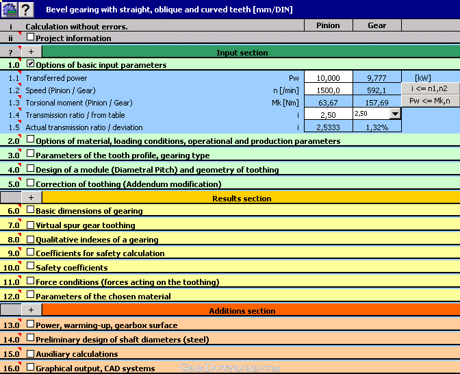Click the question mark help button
(x=25, y=10)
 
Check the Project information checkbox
(x=30, y=38)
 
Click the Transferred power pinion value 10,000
(x=328, y=78)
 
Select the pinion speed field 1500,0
(x=328, y=90)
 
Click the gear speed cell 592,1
(x=376, y=90)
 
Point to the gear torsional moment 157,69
(x=376, y=103)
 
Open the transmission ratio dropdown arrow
(x=394, y=114)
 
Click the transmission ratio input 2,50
(x=328, y=115)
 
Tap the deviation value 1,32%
(x=376, y=127)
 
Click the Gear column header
(x=376, y=25)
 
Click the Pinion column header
(x=328, y=25)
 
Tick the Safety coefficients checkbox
(x=30, y=267)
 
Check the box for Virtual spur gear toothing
(x=30, y=225)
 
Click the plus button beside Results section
(x=31, y=197)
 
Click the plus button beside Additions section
(x=31, y=310)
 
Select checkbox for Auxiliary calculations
(x=30, y=353)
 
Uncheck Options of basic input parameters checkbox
(x=30, y=64)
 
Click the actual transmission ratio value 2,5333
(x=328, y=127)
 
